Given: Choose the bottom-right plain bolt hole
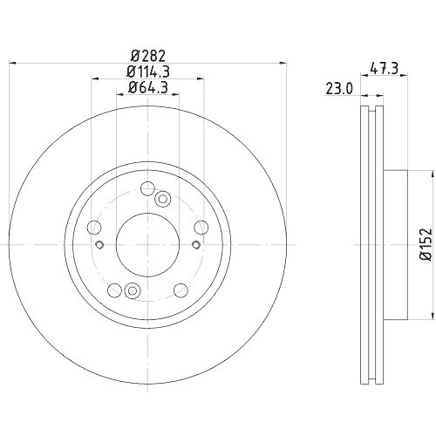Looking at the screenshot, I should pos(180,291).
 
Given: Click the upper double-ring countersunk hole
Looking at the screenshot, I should pos(162,200).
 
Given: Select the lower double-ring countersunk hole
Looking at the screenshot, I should pos(132,291).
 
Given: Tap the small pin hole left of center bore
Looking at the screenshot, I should pos(101,244).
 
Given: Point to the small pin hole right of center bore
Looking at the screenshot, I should pos(194,244).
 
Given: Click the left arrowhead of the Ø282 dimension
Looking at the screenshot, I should pos(13,62).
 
